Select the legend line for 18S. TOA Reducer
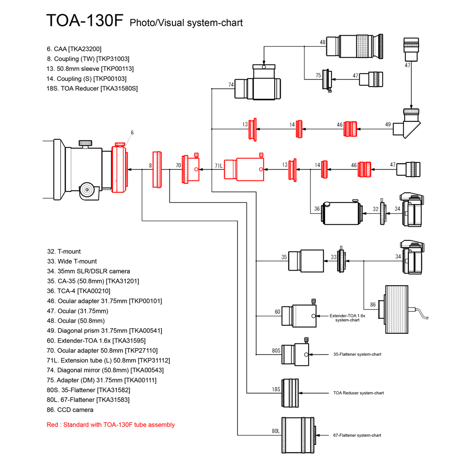[x=92, y=88]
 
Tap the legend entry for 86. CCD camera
[x=70, y=410]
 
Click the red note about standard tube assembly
[x=110, y=425]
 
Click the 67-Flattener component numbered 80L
[x=299, y=435]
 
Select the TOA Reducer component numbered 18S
[x=290, y=393]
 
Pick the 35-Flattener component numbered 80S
[x=295, y=354]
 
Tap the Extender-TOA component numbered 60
[x=299, y=316]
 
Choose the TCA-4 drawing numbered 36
[x=342, y=212]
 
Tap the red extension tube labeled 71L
[x=244, y=169]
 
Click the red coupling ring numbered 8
[x=158, y=169]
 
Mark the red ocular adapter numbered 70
[x=191, y=169]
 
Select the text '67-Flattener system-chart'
[x=357, y=435]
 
